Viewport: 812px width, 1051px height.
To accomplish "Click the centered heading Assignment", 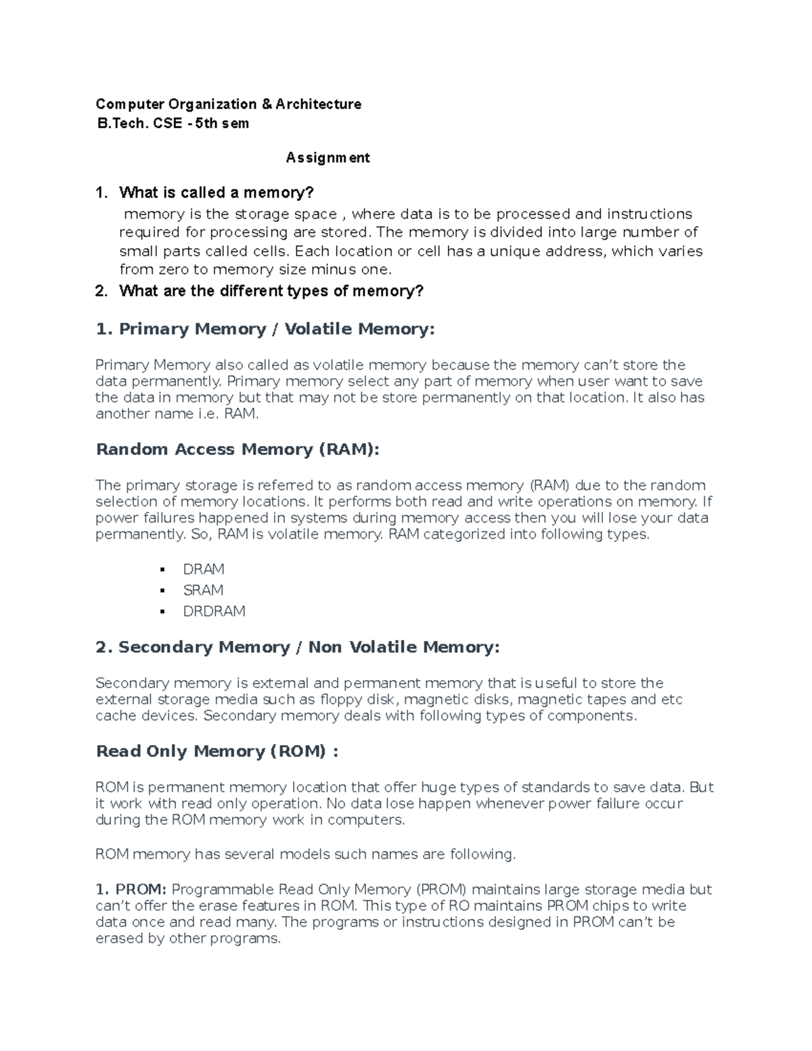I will point(328,158).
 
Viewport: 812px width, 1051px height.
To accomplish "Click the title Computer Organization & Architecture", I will point(228,104).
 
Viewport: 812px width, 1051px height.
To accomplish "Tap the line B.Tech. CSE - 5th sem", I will point(173,123).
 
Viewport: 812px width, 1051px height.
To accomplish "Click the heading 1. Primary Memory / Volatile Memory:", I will point(265,330).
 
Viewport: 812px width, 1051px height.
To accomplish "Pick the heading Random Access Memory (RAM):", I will point(238,449).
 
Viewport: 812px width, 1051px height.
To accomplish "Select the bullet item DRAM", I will point(203,569).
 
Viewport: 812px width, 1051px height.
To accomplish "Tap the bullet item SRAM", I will point(203,590).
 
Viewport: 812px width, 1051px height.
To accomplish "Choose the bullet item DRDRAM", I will point(214,611).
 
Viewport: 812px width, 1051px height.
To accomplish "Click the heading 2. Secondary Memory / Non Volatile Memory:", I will point(297,648).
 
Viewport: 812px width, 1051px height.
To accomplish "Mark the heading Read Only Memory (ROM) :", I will point(217,751).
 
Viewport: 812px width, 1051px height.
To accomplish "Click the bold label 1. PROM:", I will point(132,889).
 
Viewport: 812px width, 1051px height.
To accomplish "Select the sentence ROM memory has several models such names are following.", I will point(305,855).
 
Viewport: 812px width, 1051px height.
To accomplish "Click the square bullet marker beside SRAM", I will point(162,590).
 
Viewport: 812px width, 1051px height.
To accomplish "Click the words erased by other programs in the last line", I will point(187,939).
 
